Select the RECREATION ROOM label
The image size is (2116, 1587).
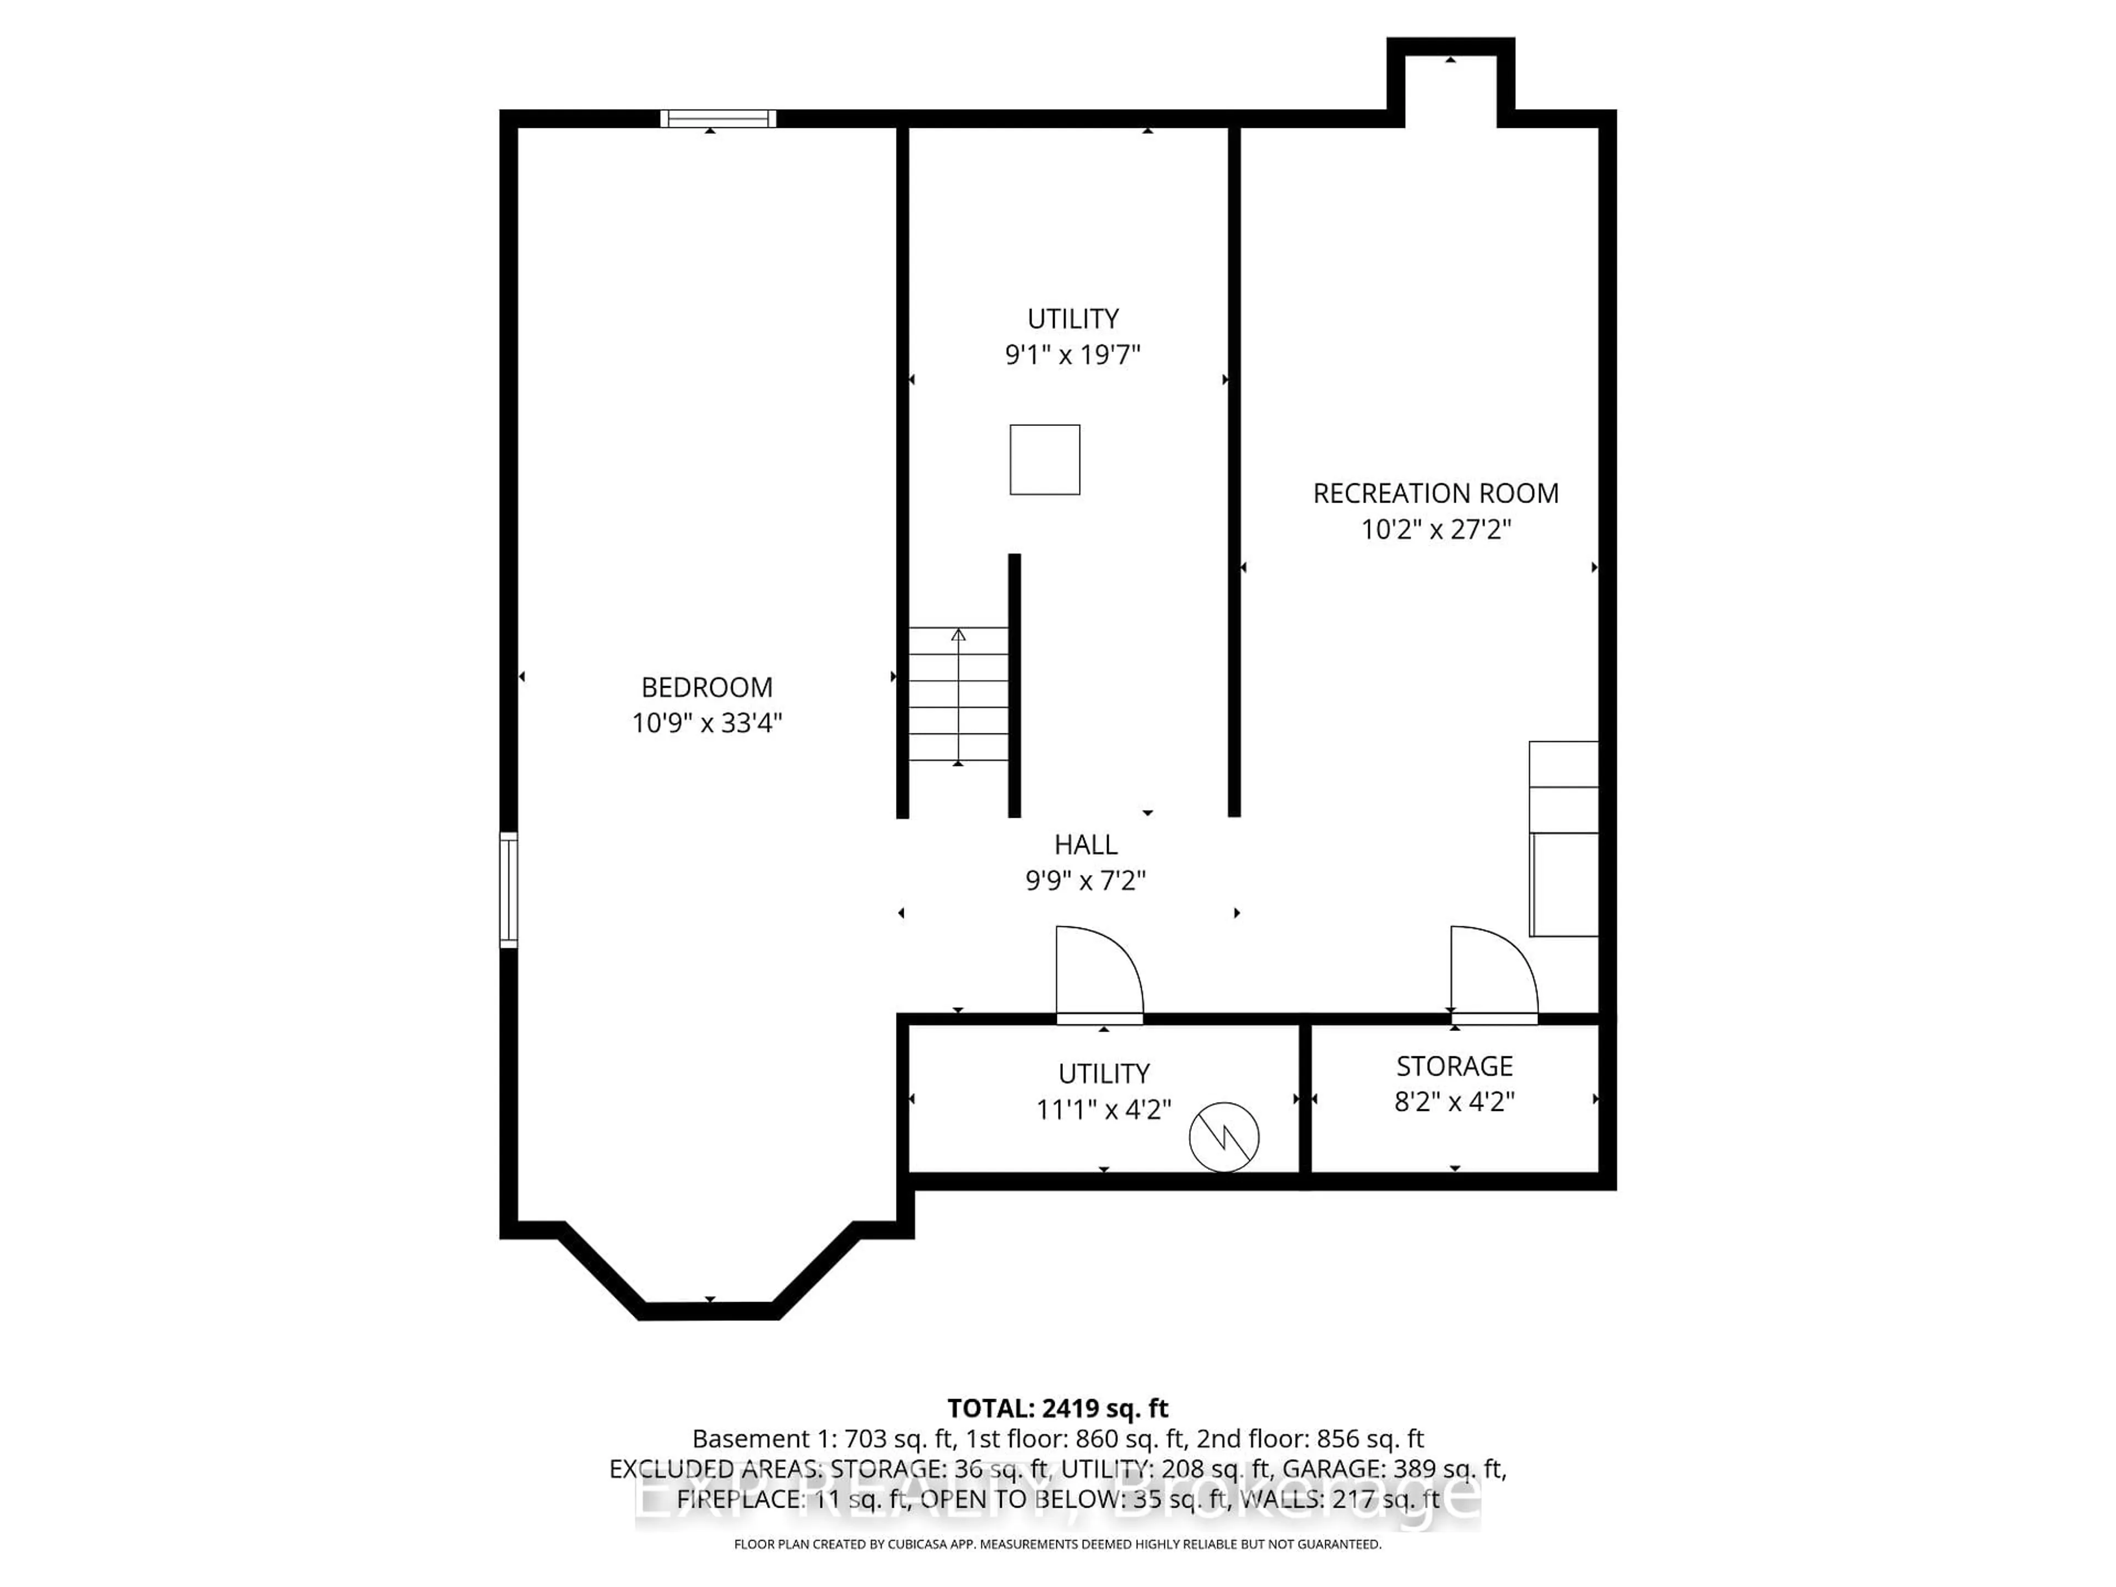(1435, 494)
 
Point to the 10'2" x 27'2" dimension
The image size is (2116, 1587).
(1435, 529)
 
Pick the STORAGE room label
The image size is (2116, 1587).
(1454, 1066)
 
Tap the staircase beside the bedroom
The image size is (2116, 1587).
(958, 694)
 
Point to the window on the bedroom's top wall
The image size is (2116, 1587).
(717, 118)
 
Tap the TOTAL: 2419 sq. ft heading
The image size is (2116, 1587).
(1057, 1408)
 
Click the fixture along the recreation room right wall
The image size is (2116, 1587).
(1563, 839)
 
